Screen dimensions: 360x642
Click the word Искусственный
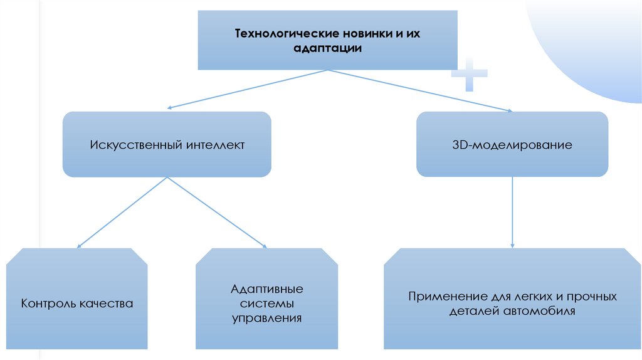[x=137, y=145]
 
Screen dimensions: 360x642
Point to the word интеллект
[x=215, y=145]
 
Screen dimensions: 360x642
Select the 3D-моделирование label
[x=512, y=145]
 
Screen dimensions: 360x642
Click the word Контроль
[x=49, y=304]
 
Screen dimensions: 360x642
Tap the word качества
[x=107, y=304]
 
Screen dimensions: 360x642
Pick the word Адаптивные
[x=266, y=290]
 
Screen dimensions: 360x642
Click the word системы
[x=266, y=304]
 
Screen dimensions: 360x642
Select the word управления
[x=266, y=318]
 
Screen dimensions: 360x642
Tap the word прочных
[x=588, y=296]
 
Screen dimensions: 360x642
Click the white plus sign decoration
[x=470, y=77]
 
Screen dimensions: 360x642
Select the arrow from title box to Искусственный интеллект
[x=248, y=89]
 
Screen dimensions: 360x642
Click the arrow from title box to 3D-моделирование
[x=420, y=90]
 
